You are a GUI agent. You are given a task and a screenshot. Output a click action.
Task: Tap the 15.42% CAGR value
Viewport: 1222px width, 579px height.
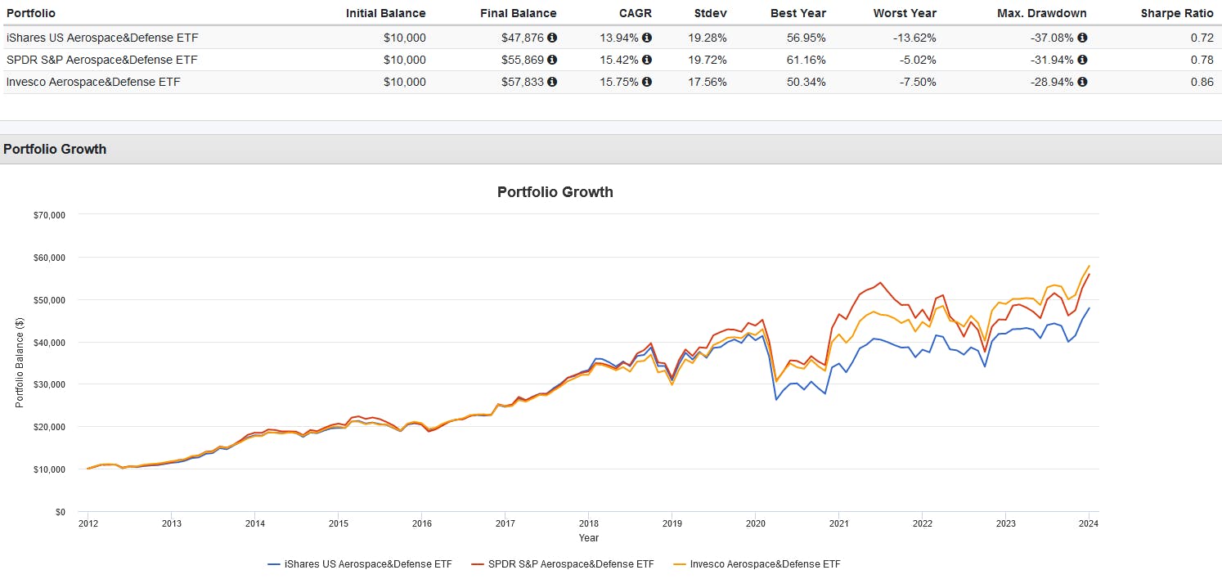coord(620,60)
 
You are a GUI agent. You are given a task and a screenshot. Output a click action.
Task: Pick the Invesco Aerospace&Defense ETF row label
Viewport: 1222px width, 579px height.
coord(93,82)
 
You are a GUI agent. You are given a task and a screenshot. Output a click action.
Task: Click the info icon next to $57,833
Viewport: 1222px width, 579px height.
coord(552,82)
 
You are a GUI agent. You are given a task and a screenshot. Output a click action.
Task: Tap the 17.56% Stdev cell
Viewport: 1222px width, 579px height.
coord(708,82)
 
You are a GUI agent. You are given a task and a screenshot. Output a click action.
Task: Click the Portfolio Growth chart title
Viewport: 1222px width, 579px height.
coord(555,192)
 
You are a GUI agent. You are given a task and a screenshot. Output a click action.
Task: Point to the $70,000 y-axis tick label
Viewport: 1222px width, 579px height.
coord(48,215)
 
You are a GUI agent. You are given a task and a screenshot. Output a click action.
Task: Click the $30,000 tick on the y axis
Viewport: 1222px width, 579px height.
coord(48,384)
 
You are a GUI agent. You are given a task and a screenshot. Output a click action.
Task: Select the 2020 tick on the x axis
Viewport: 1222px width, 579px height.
coord(755,523)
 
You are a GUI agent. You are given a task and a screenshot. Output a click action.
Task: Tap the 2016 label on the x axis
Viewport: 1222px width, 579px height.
coord(421,523)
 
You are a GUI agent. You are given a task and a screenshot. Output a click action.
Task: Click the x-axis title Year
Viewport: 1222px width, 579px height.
coord(588,538)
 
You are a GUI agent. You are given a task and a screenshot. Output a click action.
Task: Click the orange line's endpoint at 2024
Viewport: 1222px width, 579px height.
coord(1089,266)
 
